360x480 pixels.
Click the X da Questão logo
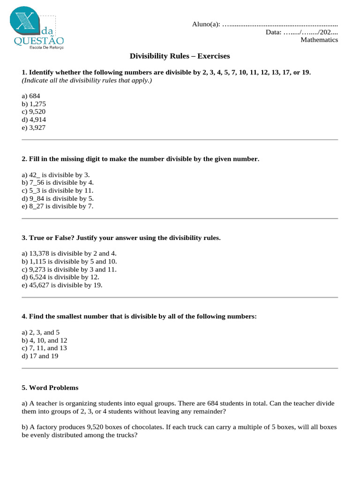point(37,29)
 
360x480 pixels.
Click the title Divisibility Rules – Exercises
point(180,56)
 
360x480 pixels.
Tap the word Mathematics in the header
point(319,40)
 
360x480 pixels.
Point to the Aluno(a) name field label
point(206,24)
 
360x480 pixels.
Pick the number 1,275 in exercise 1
point(38,104)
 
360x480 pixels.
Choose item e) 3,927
point(34,127)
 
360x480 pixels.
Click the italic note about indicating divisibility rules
point(87,81)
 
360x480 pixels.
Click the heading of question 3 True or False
point(121,238)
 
